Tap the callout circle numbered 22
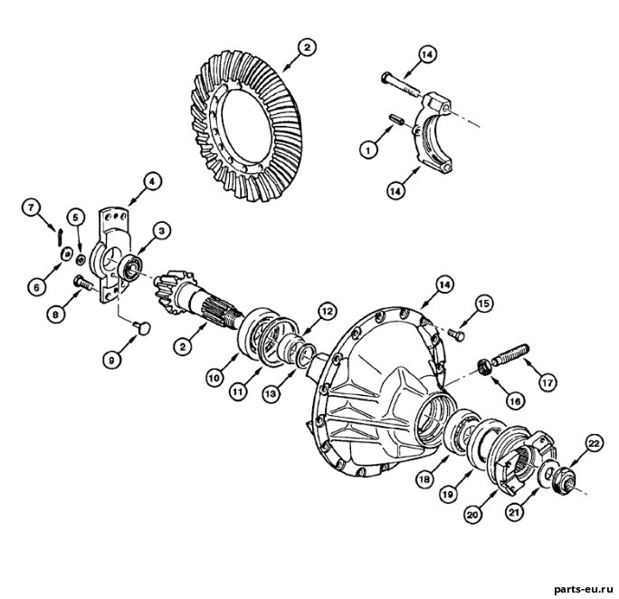point(595,444)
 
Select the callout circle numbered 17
point(548,382)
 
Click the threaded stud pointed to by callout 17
point(509,355)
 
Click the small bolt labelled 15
point(457,334)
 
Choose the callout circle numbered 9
point(112,360)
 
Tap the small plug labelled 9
point(143,327)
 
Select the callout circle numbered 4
point(152,183)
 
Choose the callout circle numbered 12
point(328,312)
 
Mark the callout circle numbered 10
point(215,379)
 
